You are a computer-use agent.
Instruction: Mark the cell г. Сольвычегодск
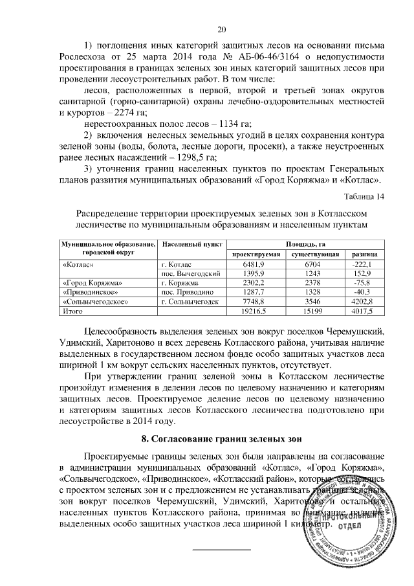coord(190,302)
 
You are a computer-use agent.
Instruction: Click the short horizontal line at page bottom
coord(223,550)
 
